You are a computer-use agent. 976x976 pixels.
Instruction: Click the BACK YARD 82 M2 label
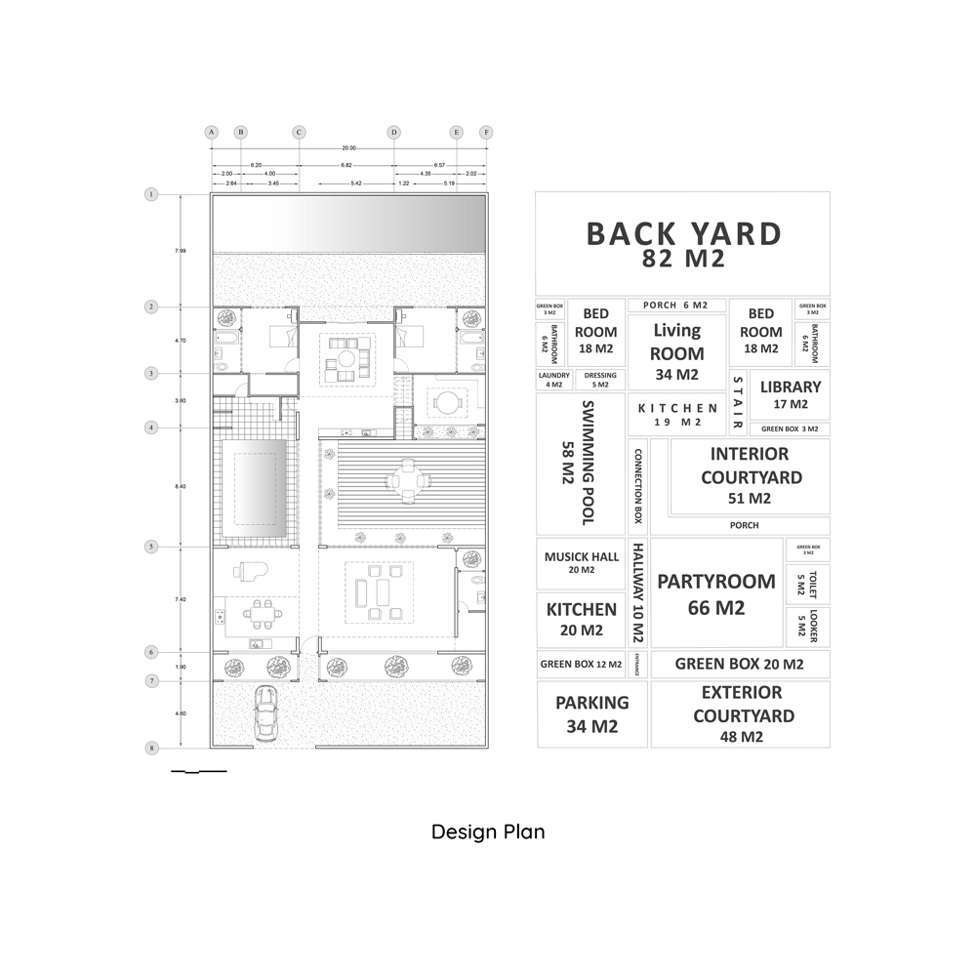683,244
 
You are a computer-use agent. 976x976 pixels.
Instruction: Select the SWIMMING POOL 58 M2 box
582,463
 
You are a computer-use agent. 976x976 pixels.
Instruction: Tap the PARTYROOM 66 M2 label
716,593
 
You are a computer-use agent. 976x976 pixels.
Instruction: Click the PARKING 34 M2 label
591,713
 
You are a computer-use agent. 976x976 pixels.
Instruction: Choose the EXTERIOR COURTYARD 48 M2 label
742,714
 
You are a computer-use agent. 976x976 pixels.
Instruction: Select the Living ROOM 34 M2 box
676,351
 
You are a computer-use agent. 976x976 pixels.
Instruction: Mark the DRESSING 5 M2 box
600,380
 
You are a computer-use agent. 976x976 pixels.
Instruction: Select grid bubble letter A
210,132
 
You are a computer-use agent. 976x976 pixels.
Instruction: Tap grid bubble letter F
485,132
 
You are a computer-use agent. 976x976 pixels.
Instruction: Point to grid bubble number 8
151,749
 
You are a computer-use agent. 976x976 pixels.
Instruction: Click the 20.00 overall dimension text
347,148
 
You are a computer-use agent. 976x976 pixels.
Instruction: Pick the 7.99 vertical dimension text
181,251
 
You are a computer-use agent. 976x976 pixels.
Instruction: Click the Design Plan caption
488,833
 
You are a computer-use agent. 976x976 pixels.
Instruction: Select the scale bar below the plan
198,772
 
